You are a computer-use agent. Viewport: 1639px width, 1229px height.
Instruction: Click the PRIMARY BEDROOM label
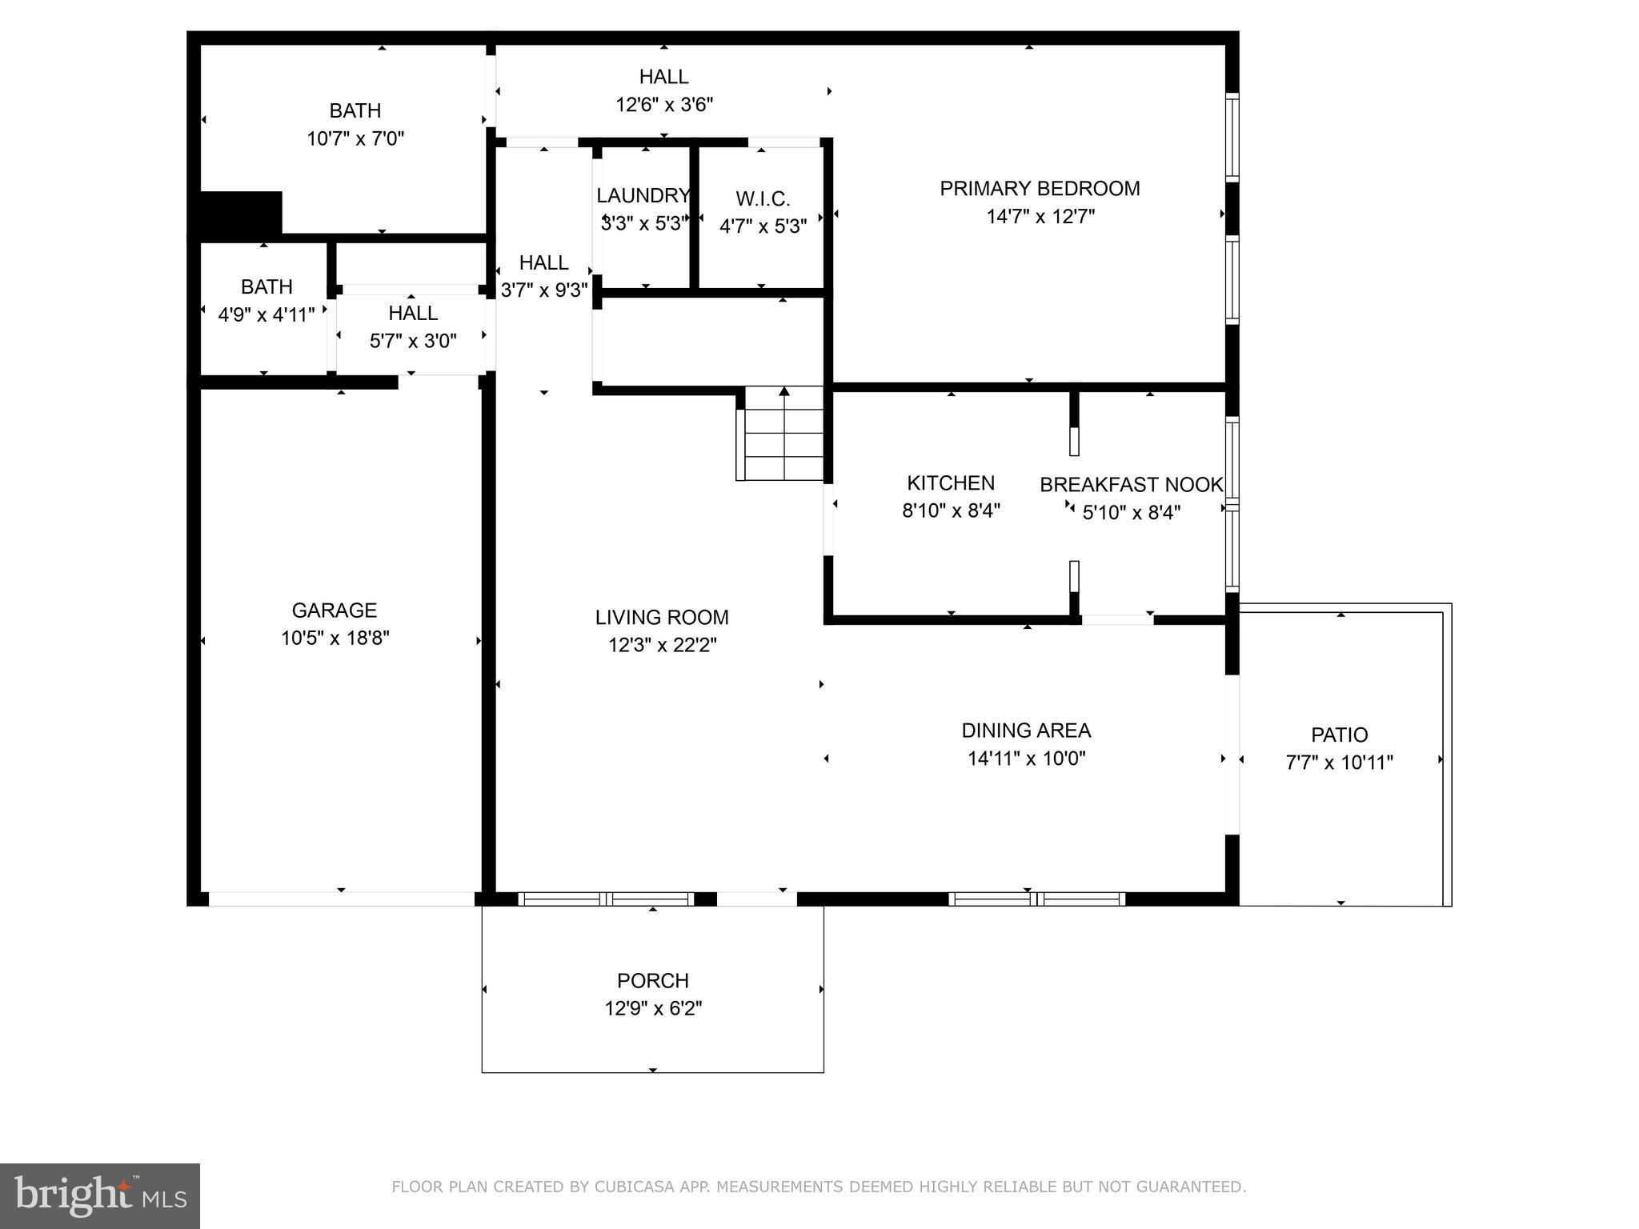(1040, 189)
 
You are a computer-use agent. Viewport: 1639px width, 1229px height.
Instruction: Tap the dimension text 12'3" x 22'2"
(662, 645)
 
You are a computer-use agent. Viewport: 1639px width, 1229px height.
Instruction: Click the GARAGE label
(334, 610)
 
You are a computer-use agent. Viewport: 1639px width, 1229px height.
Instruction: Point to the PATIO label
(1339, 735)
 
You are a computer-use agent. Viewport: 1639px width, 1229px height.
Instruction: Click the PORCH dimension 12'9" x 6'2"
(653, 1008)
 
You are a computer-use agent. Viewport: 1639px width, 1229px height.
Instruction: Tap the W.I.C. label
(763, 199)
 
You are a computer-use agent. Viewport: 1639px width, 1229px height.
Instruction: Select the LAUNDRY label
(643, 196)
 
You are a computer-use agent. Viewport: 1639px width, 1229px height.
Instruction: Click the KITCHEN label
(951, 483)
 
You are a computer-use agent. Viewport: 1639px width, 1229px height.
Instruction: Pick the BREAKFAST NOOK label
(1131, 485)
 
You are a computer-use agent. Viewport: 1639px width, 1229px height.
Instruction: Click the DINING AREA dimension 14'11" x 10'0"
(1026, 759)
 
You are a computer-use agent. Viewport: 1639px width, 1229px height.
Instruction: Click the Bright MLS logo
(99, 1195)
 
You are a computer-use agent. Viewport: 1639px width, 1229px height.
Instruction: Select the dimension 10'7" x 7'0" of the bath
(355, 139)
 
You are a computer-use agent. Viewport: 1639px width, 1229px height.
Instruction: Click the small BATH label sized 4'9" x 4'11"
(266, 286)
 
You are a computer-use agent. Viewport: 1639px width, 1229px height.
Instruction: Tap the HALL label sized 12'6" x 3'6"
(663, 77)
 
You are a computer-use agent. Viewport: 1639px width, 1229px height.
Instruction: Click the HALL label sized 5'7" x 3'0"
(413, 313)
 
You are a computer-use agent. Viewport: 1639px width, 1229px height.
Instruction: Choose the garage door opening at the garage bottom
(342, 899)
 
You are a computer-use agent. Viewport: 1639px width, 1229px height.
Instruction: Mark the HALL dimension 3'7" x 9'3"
(544, 290)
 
